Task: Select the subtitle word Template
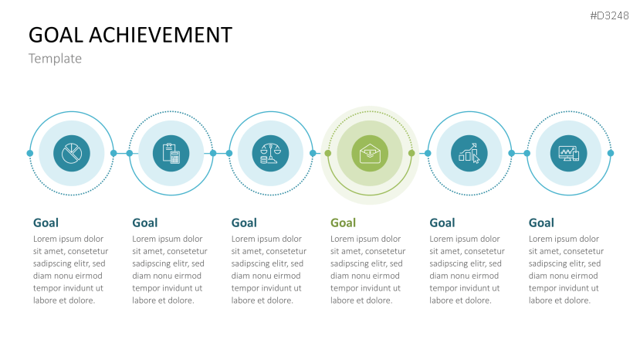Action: coord(55,59)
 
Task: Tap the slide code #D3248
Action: coord(611,15)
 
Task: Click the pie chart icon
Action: coord(72,154)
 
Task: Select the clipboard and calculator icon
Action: coord(171,154)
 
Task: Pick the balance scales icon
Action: coord(270,154)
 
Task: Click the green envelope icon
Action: coord(370,154)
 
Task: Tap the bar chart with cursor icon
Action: coord(469,154)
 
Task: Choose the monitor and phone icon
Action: coord(568,154)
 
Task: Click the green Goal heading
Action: coord(343,223)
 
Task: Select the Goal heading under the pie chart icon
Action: coord(46,223)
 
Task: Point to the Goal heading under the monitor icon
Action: coord(541,223)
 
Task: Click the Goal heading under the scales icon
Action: coord(244,223)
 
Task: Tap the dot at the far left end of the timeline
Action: coord(30,153)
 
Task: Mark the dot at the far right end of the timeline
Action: coord(610,153)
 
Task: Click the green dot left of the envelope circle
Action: coord(328,153)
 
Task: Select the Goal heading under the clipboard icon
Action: coord(145,223)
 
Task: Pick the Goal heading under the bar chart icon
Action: coord(442,223)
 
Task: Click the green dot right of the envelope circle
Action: coord(411,153)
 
